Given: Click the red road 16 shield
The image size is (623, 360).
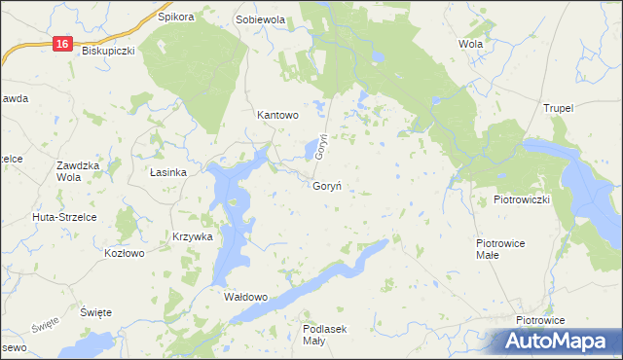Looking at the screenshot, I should pos(62,44).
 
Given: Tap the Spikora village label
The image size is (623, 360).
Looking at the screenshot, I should pos(176,18).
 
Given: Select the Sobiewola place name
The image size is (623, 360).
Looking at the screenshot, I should pos(260,19).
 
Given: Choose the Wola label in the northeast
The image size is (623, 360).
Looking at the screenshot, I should pos(470,44).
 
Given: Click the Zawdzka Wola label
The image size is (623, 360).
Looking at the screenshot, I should pos(79,171).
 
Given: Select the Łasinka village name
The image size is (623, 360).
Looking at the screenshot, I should pos(167,172).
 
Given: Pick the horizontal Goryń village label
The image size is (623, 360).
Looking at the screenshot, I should pos(326,187).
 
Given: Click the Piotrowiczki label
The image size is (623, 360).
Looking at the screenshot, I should pos(523,199).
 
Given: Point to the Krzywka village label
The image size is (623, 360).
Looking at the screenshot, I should pos(192,236).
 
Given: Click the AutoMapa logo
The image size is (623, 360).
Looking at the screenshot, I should pos(551,342).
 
